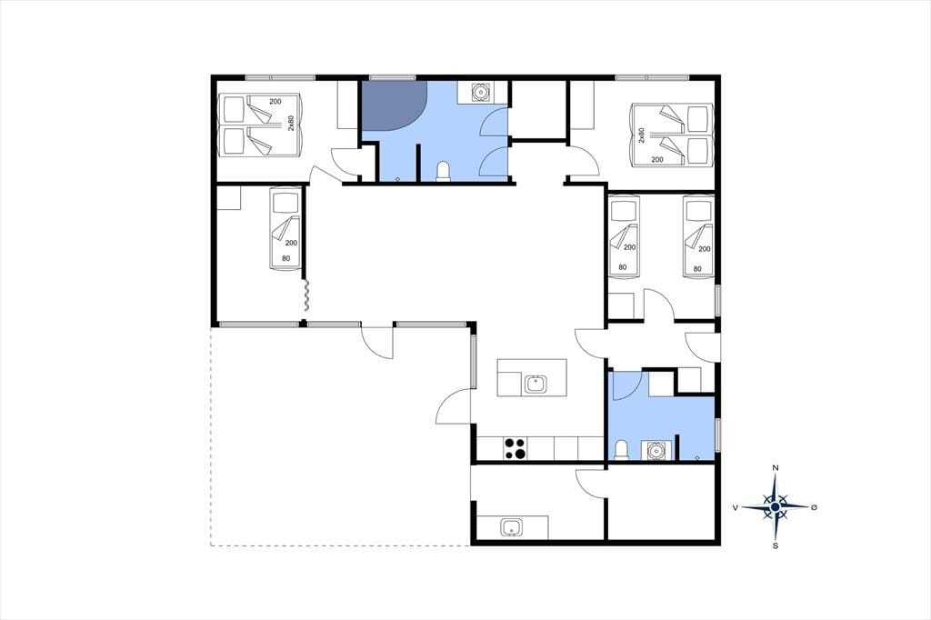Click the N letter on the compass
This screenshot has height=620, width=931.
[775, 468]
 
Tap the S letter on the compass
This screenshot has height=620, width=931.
[775, 545]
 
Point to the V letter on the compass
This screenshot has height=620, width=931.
[736, 507]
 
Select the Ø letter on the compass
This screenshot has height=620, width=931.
[814, 506]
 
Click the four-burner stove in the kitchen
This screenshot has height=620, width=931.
[515, 448]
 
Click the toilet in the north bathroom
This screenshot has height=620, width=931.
[444, 171]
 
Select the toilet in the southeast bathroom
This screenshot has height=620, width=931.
[621, 450]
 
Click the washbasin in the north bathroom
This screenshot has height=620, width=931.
[480, 92]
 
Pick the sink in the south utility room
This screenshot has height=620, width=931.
[511, 526]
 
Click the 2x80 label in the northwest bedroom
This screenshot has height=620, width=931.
[291, 123]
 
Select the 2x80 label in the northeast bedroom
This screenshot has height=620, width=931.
[641, 135]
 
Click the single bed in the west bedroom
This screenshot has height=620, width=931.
[285, 229]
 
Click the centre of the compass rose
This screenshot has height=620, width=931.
[775, 506]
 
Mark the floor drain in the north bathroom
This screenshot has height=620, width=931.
[397, 178]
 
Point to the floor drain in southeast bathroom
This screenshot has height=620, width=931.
[697, 457]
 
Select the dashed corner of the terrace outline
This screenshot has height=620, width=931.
[211, 545]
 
